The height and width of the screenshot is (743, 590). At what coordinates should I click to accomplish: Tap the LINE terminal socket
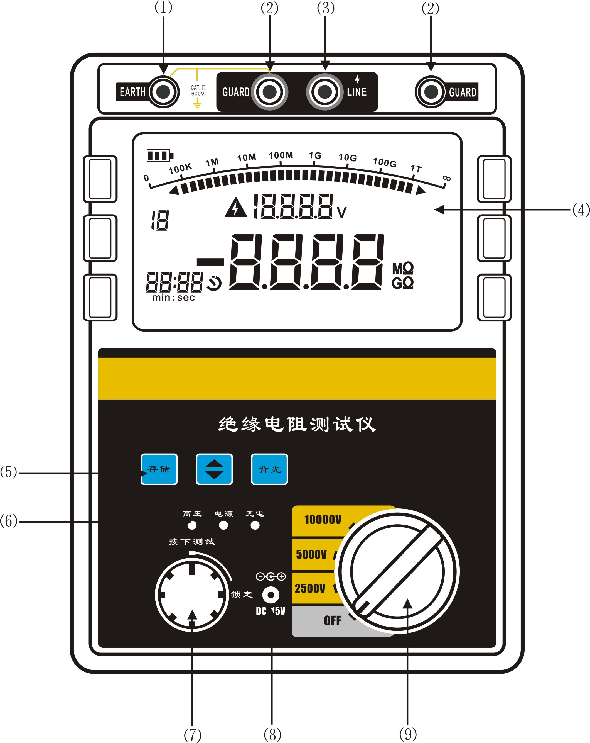tap(324, 92)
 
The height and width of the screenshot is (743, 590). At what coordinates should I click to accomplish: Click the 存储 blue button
tap(159, 469)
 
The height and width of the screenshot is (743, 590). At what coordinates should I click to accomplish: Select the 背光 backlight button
tap(269, 469)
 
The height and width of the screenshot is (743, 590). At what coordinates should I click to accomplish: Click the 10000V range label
tap(323, 519)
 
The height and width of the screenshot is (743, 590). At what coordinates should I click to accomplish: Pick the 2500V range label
tap(310, 588)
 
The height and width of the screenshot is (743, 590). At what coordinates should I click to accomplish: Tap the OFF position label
tap(332, 621)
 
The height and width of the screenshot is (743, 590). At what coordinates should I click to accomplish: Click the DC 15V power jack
tap(271, 595)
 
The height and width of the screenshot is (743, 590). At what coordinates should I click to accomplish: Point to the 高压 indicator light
tap(192, 525)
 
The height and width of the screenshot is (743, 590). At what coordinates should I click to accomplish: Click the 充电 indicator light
tap(255, 525)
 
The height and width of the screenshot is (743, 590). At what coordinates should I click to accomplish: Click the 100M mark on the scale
tap(281, 155)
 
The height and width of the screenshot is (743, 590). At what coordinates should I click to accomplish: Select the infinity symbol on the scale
tap(446, 178)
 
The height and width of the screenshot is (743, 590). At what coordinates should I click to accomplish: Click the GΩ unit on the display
tap(402, 283)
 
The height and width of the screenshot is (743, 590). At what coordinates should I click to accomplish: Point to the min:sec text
tap(173, 298)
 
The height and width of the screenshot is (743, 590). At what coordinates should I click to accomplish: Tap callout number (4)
tap(581, 209)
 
